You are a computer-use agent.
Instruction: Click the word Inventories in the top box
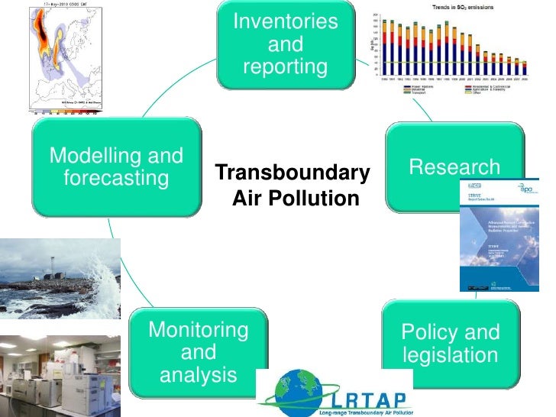coord(285,21)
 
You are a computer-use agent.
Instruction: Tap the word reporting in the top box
coord(285,67)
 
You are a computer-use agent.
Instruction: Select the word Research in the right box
coord(455,167)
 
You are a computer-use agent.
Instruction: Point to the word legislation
coord(450,355)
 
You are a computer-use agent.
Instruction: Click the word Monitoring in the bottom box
coord(199,330)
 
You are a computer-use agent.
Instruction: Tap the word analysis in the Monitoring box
coord(199,375)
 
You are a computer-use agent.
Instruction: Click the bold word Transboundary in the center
coord(292,173)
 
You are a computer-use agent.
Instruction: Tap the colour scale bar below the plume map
coord(66,112)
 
